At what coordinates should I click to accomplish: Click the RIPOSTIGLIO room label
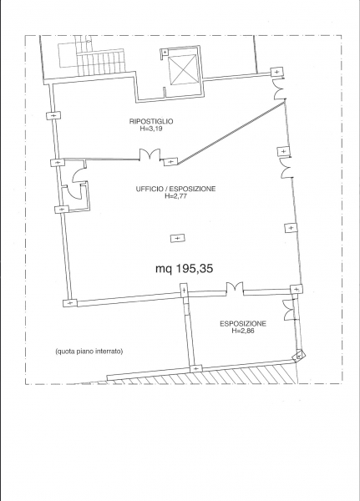click(x=151, y=121)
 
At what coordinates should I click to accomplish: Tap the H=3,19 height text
click(x=151, y=129)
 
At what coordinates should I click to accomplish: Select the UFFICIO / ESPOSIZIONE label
click(x=175, y=189)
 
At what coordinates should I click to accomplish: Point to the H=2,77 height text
click(x=175, y=196)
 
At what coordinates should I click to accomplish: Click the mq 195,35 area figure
click(x=184, y=269)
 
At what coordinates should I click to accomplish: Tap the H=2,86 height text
click(x=243, y=331)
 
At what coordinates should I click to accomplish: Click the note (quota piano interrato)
click(x=89, y=352)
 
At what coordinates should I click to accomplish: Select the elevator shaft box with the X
click(x=183, y=69)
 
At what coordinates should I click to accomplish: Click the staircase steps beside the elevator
click(x=100, y=63)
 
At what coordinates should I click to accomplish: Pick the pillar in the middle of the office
click(x=177, y=238)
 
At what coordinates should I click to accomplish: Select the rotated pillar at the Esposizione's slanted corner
click(x=299, y=355)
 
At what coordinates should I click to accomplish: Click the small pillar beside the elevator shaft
click(x=165, y=52)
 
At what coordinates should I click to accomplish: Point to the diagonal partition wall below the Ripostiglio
click(x=231, y=132)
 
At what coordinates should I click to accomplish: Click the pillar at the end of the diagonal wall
click(x=170, y=162)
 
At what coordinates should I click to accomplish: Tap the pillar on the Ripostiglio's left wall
click(x=53, y=115)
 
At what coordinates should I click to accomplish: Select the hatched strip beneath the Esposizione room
click(x=201, y=375)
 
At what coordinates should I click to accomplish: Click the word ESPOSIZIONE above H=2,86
click(x=243, y=324)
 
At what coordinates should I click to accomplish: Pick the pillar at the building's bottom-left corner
click(x=70, y=302)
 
